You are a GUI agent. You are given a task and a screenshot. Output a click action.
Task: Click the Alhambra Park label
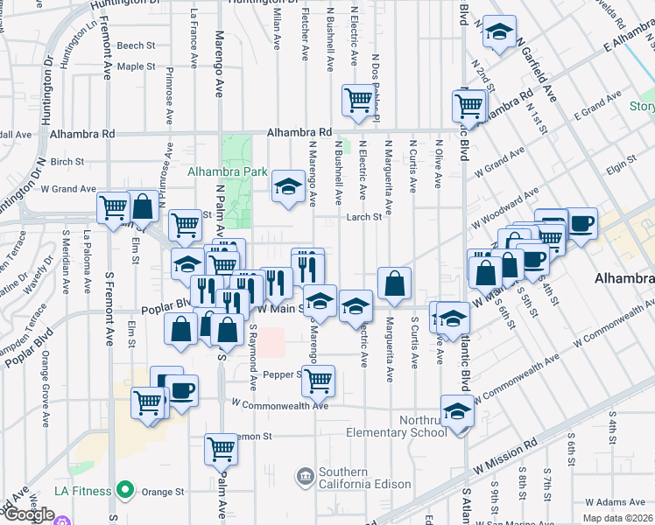point(227,172)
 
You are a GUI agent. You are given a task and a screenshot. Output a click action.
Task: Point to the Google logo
point(29,514)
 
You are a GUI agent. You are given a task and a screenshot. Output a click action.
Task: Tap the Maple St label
point(135,66)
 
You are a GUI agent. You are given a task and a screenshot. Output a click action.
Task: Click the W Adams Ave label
point(614,503)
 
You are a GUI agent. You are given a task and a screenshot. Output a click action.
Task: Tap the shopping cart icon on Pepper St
point(319,380)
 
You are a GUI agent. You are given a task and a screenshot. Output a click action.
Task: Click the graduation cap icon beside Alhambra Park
point(287,185)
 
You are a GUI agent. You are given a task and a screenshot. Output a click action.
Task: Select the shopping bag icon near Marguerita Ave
point(395,283)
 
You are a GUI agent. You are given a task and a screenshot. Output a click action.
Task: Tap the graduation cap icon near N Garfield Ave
point(498,34)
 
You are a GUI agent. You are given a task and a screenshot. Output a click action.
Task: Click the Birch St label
point(67,162)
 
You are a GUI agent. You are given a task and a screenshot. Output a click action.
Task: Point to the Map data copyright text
point(617,518)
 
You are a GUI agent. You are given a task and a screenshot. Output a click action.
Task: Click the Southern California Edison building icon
point(305,476)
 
